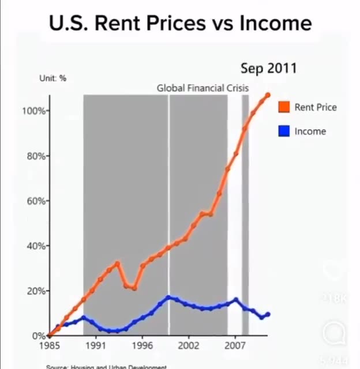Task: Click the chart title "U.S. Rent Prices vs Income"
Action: pyautogui.click(x=180, y=23)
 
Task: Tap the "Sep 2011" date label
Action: pyautogui.click(x=268, y=68)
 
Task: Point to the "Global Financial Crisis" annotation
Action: pyautogui.click(x=202, y=88)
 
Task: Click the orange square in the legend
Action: pyautogui.click(x=283, y=107)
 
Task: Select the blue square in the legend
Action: pyautogui.click(x=283, y=131)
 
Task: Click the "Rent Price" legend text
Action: pyautogui.click(x=315, y=107)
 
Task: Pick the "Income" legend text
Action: pyautogui.click(x=310, y=131)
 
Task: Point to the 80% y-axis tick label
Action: pyautogui.click(x=35, y=156)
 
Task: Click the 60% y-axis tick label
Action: pyautogui.click(x=35, y=201)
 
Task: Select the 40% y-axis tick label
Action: pyautogui.click(x=35, y=246)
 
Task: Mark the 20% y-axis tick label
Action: pyautogui.click(x=35, y=291)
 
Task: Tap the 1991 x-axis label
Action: pyautogui.click(x=96, y=347)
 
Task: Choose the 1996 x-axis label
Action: pyautogui.click(x=142, y=347)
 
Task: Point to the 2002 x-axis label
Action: pyautogui.click(x=188, y=347)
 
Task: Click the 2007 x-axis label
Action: pyautogui.click(x=235, y=347)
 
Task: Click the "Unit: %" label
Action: pyautogui.click(x=52, y=78)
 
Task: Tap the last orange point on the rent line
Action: pyautogui.click(x=268, y=95)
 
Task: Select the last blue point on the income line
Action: pyautogui.click(x=268, y=314)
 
